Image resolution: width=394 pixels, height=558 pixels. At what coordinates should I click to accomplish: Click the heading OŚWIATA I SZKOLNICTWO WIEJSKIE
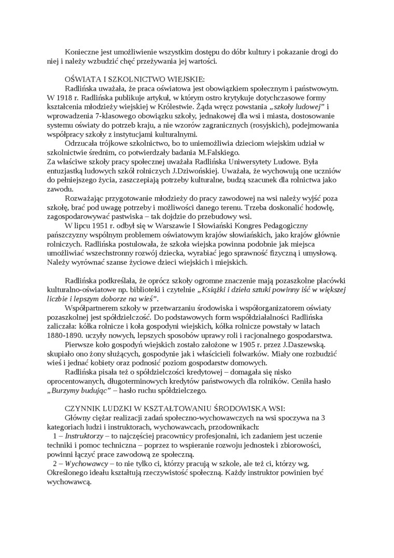[x=134, y=79]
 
